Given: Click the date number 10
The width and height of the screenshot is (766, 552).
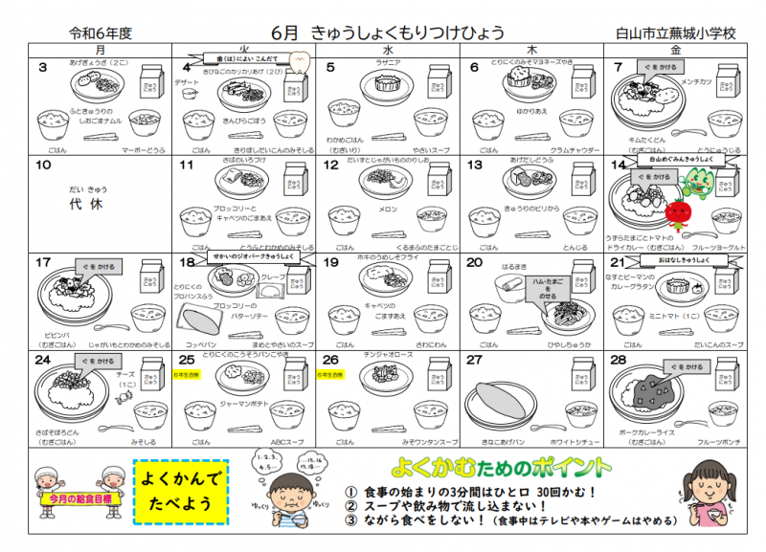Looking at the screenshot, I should [43, 166].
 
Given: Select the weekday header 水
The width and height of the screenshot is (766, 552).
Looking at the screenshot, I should [387, 49].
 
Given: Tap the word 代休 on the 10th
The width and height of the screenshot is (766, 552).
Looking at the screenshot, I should [91, 205].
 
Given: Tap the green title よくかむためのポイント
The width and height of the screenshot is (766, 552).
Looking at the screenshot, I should [502, 468].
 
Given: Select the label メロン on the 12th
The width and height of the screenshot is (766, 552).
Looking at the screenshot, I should [388, 209].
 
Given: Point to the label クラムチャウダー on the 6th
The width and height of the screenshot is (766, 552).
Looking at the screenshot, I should [575, 151].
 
